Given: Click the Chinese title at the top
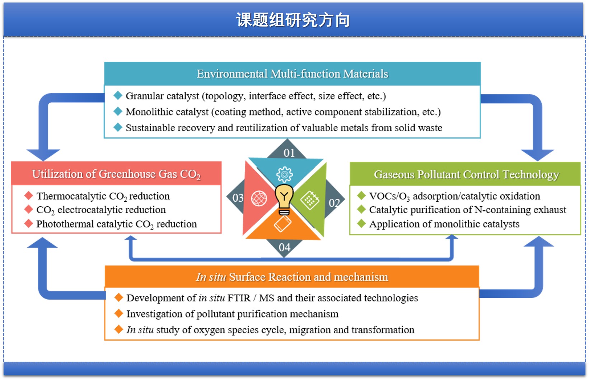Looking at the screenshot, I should [293, 20].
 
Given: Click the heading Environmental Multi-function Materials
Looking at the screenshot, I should [292, 74].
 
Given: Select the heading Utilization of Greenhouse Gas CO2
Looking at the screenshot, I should [116, 174].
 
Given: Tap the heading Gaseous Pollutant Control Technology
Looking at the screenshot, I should [466, 175].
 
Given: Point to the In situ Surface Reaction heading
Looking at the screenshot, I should [292, 277].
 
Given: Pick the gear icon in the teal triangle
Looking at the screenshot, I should [285, 175].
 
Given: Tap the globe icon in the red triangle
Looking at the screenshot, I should [259, 198].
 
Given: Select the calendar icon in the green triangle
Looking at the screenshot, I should [309, 200].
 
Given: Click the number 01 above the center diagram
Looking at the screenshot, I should [289, 153].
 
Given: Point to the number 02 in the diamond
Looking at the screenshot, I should [334, 203].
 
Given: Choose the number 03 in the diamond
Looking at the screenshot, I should [238, 198].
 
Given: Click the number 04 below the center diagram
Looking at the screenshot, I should [285, 247].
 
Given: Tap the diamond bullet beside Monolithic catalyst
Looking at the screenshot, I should [118, 111].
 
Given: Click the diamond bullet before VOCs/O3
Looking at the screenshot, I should [361, 196].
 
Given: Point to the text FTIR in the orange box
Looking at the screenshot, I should [238, 298].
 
